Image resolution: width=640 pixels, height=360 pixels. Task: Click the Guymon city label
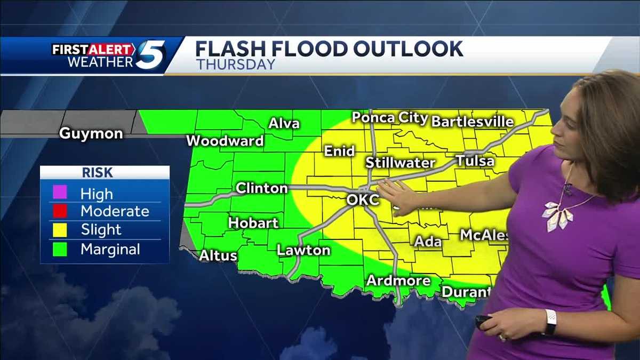point(90,133)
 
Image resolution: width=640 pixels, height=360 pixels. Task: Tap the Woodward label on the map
point(225,141)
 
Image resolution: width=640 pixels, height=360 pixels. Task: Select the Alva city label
point(284,124)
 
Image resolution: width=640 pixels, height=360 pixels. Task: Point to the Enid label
point(339,151)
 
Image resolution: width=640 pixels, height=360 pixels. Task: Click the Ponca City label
point(390,118)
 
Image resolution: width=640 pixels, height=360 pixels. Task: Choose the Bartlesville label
point(472,122)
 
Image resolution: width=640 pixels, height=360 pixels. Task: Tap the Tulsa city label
point(475,161)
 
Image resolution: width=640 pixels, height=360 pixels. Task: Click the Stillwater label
point(400,163)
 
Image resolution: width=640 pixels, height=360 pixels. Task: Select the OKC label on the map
point(363,201)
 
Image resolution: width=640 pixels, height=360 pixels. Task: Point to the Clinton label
point(261,188)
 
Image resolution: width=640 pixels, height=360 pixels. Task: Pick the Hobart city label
point(253,223)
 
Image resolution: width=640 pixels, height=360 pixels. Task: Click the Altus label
point(218,256)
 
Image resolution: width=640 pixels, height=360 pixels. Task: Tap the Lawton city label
point(303,250)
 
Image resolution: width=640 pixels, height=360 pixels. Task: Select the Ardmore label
point(391,281)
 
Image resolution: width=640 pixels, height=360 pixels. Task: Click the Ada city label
point(428,242)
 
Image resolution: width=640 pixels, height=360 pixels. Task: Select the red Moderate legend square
point(60,211)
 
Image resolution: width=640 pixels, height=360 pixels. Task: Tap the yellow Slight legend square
point(60,230)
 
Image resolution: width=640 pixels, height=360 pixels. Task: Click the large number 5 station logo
point(150,55)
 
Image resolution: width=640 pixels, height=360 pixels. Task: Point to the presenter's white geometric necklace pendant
point(556,215)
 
